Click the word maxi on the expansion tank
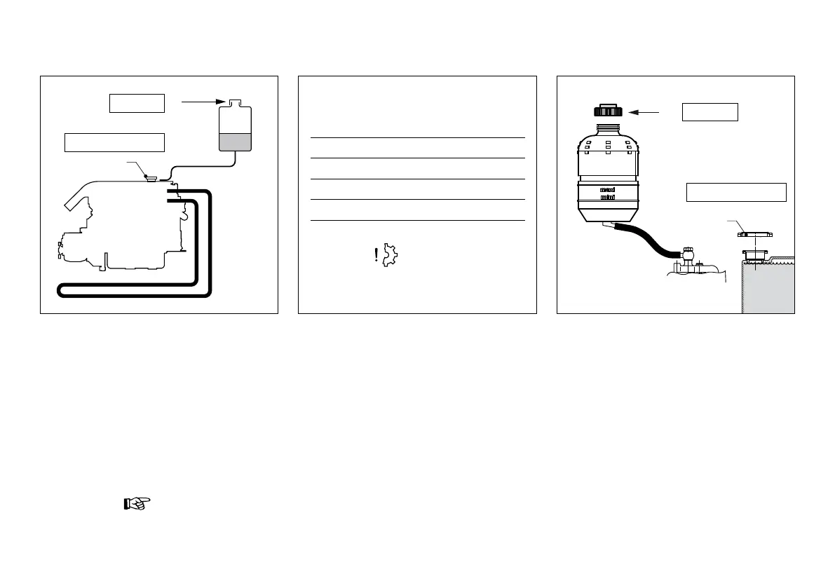point(607,189)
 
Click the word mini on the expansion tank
point(607,198)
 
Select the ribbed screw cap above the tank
point(607,111)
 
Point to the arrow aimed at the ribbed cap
point(644,111)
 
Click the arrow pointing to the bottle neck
point(203,102)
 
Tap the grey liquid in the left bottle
point(235,142)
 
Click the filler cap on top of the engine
point(149,177)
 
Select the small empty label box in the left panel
point(137,103)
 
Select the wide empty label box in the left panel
point(114,142)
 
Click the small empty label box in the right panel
point(710,112)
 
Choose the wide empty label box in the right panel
point(735,192)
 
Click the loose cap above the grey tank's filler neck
point(755,234)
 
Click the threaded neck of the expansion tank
point(607,130)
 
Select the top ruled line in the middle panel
point(417,138)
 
